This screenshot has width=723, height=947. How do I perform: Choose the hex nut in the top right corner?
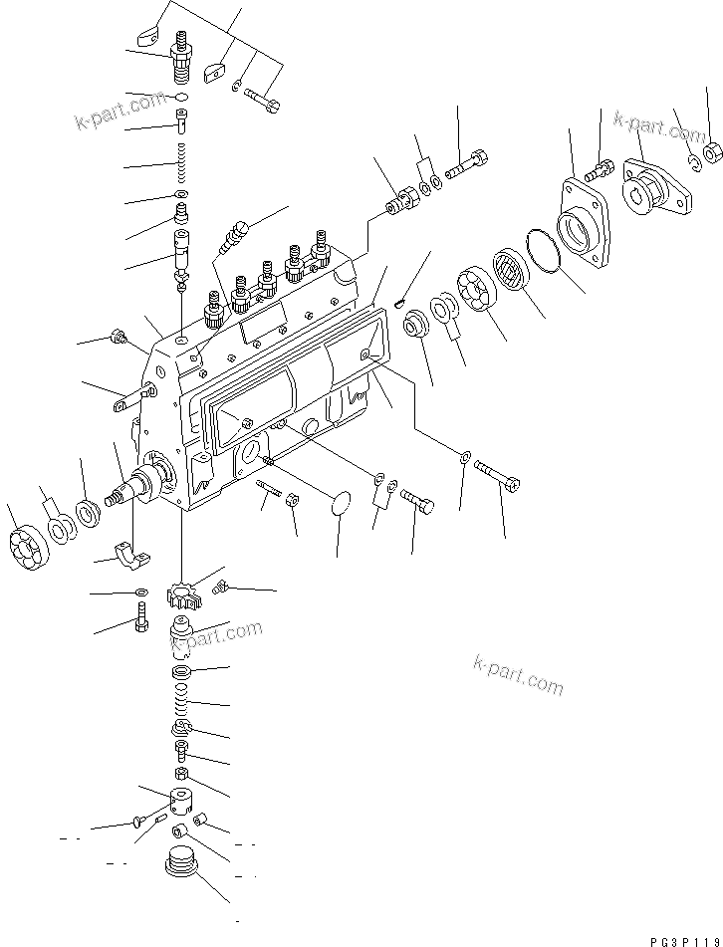(x=711, y=152)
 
